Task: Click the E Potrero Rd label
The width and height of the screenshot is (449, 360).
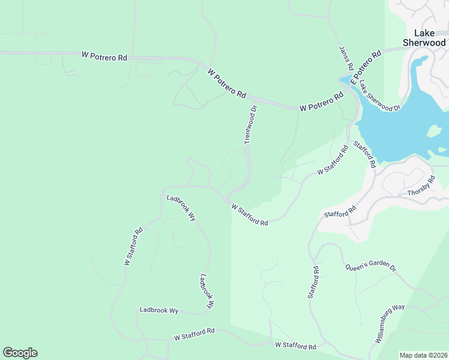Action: [x=366, y=67]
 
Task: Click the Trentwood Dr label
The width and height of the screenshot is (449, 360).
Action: [x=250, y=125]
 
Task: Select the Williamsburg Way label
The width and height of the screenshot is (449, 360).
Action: [x=390, y=323]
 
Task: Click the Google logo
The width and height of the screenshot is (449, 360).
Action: [x=20, y=353]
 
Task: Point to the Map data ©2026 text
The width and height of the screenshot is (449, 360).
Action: [x=423, y=355]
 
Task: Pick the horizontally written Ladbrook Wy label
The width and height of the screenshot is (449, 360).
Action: [x=159, y=310]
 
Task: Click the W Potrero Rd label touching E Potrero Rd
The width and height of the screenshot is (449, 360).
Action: [x=322, y=102]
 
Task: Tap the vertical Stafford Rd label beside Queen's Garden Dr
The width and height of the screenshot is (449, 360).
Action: [x=312, y=281]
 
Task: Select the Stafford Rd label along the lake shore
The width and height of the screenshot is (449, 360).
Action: [x=364, y=154]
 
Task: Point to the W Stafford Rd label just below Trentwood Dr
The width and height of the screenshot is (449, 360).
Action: [x=250, y=214]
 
